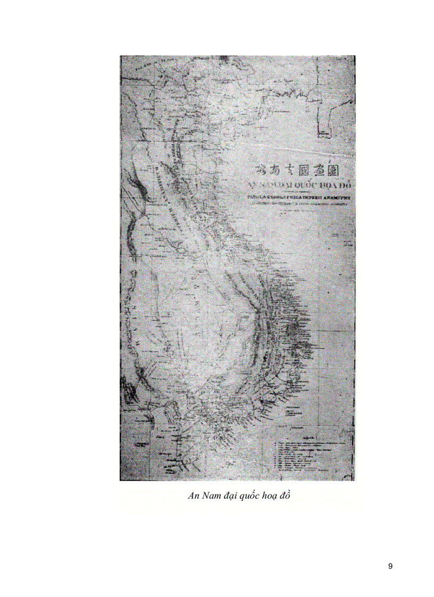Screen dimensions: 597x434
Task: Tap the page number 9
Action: click(390, 566)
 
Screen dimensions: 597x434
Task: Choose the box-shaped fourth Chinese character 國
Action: click(311, 170)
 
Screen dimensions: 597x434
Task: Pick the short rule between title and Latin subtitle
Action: click(298, 192)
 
